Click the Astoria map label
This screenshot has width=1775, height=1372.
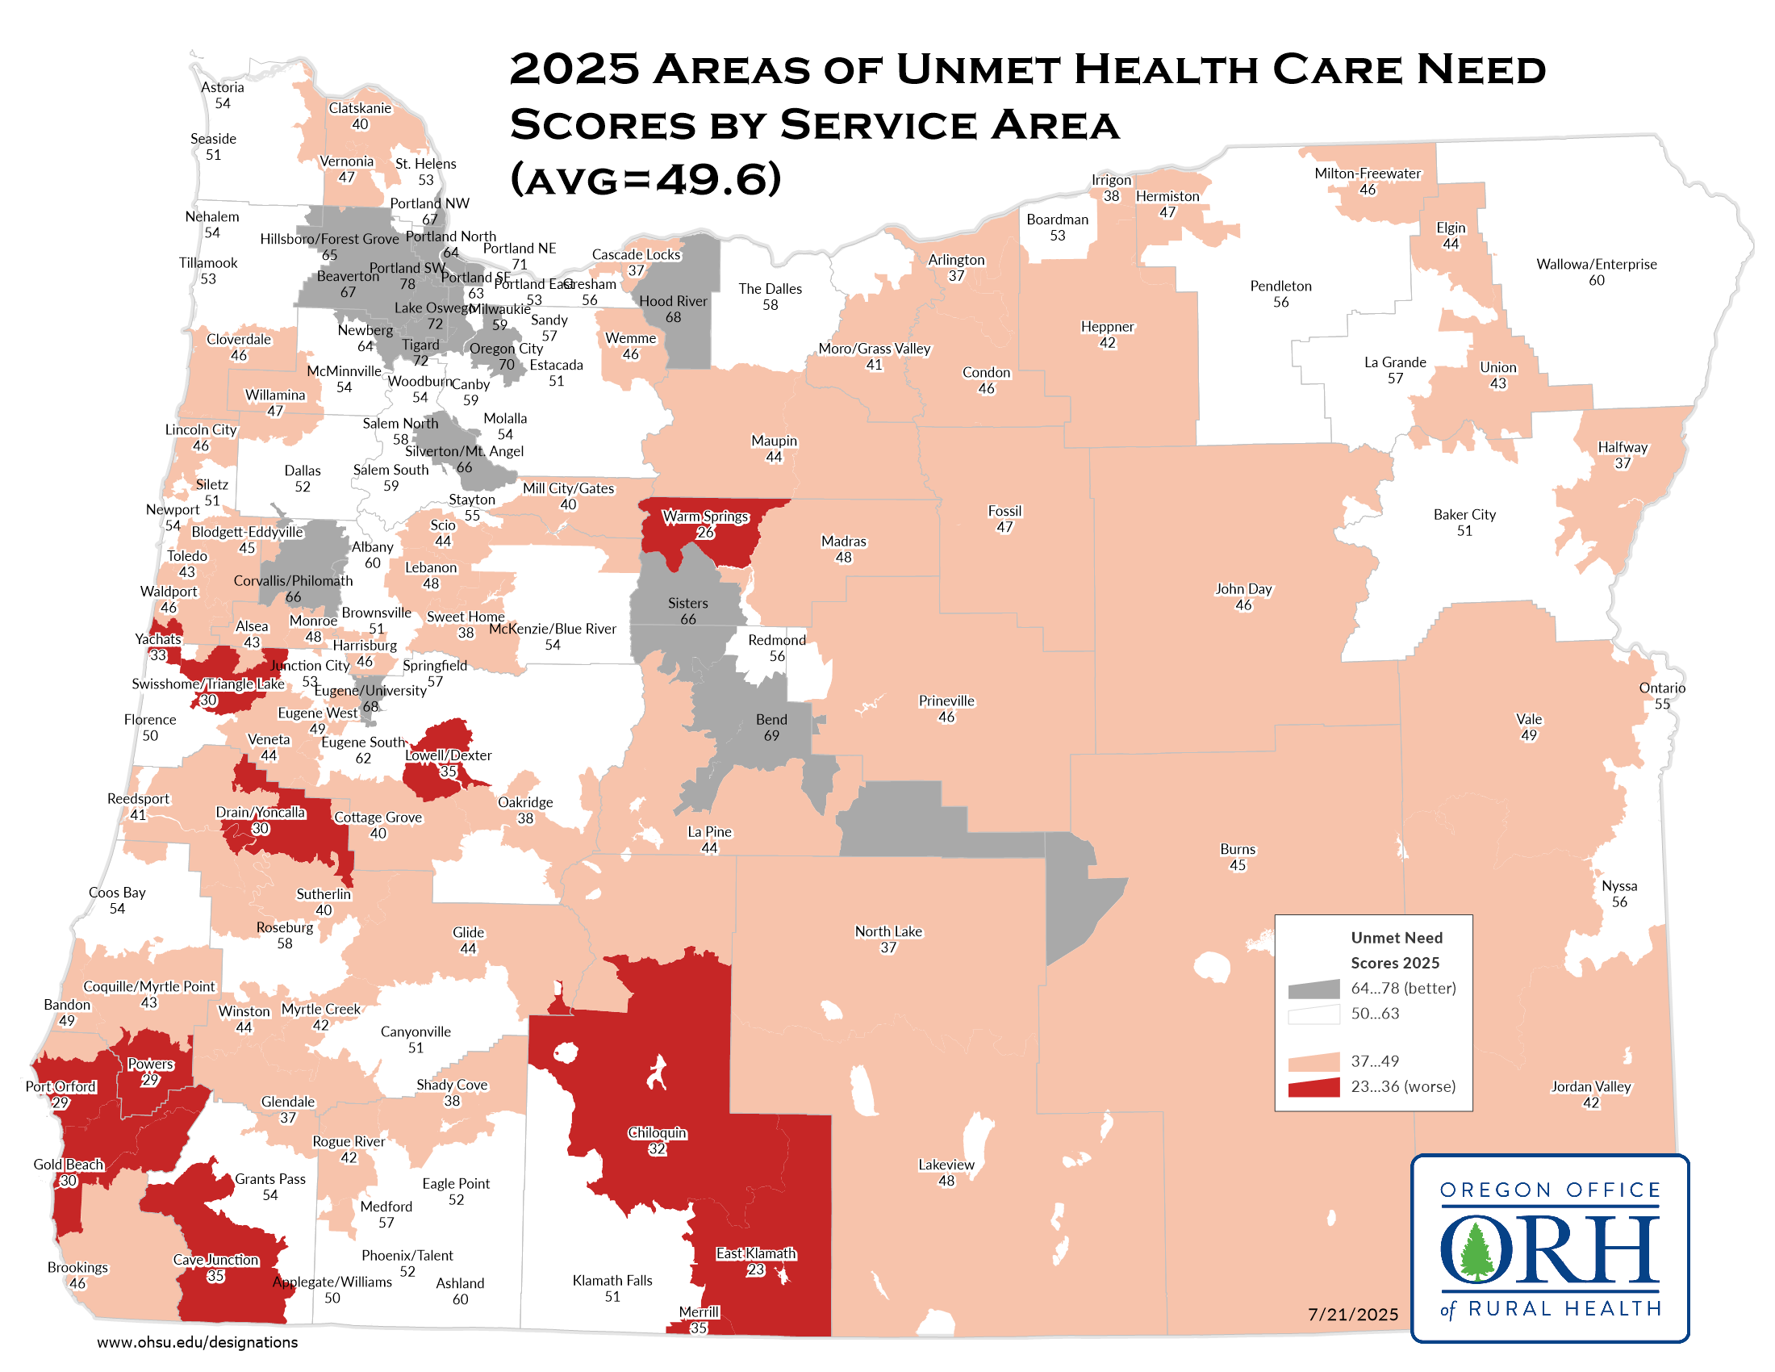(x=223, y=88)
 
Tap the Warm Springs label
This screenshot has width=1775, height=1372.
(x=704, y=517)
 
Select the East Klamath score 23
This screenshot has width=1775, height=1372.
(x=755, y=1270)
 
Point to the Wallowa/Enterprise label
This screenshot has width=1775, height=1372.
(x=1595, y=264)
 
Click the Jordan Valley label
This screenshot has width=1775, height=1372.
(x=1590, y=1087)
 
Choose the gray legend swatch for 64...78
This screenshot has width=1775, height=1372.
(x=1313, y=989)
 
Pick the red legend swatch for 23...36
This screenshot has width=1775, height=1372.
(x=1313, y=1087)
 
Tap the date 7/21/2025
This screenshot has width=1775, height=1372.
(x=1352, y=1314)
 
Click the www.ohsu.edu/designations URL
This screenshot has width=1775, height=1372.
(x=198, y=1342)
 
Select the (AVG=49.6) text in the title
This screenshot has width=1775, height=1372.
(x=645, y=178)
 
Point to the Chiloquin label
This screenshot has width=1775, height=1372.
(x=657, y=1133)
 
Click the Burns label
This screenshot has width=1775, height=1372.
(x=1237, y=849)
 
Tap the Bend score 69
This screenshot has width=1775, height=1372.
(x=771, y=735)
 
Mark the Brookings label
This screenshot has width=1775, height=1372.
(x=77, y=1267)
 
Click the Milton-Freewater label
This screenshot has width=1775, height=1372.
(x=1367, y=174)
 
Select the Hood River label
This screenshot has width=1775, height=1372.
(x=672, y=302)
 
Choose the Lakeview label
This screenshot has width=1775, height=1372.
(x=946, y=1165)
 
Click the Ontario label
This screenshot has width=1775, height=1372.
(x=1661, y=688)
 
